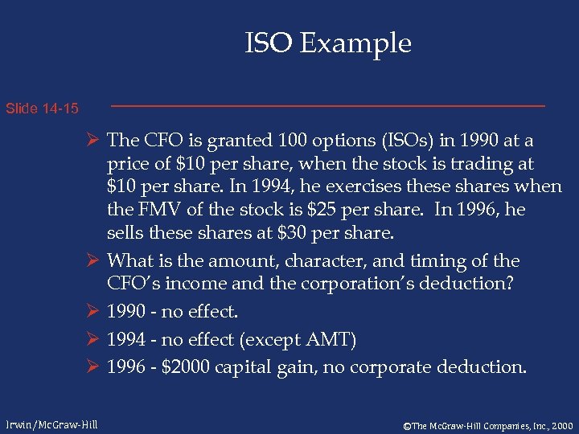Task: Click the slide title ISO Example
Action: tap(328, 43)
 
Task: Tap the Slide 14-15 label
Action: tap(42, 108)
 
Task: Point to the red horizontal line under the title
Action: tap(327, 106)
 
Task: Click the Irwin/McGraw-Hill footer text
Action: tap(52, 424)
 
